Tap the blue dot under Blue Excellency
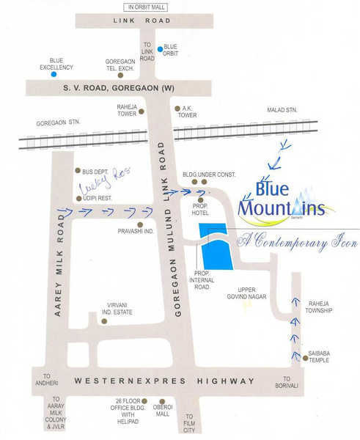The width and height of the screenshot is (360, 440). (x=54, y=74)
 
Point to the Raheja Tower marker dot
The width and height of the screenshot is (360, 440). (x=142, y=111)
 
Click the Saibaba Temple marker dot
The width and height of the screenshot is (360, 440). (x=305, y=358)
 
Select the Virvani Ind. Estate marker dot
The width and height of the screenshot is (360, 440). (x=103, y=320)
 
